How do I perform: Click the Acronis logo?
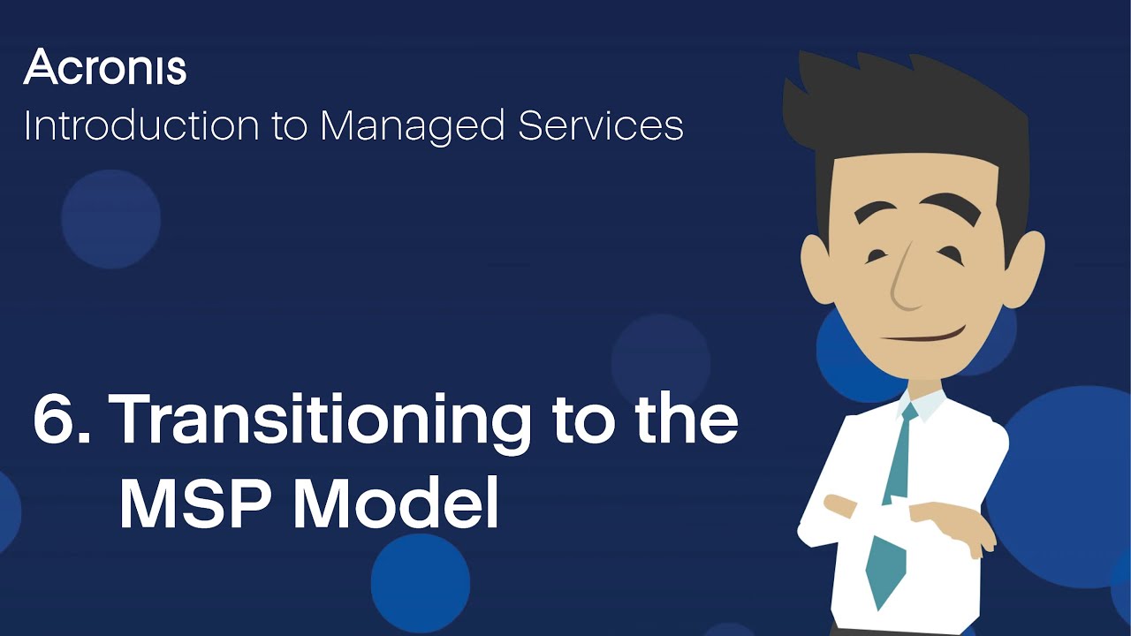(x=105, y=68)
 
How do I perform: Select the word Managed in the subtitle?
(x=413, y=127)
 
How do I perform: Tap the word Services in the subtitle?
(x=601, y=125)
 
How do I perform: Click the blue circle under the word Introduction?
(x=110, y=218)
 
